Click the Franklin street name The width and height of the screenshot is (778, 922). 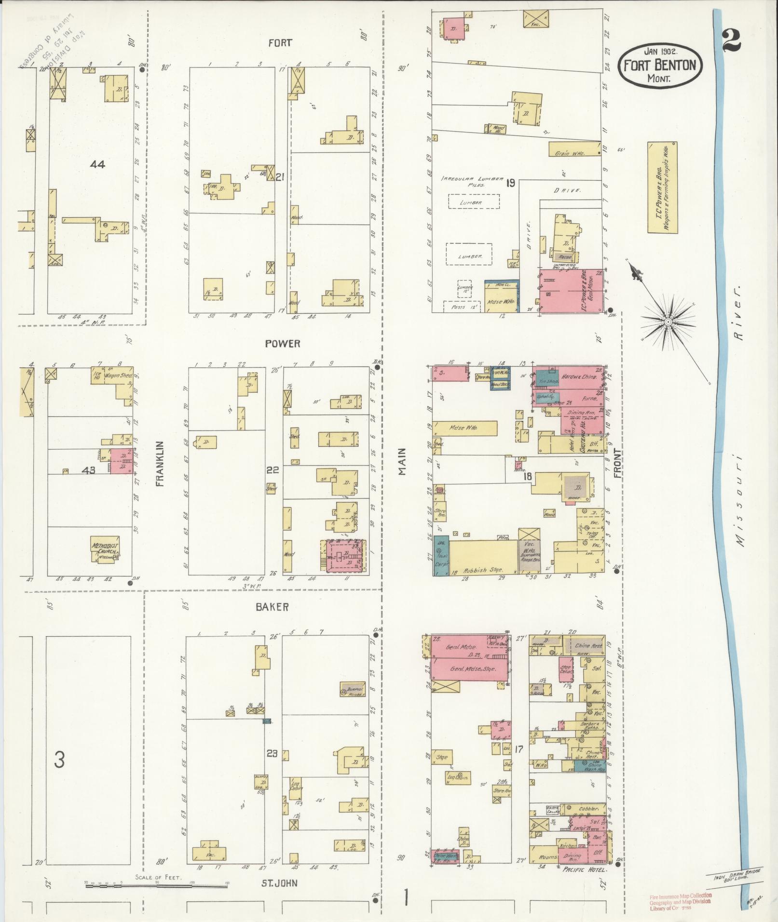(x=160, y=464)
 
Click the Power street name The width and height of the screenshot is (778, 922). (x=283, y=343)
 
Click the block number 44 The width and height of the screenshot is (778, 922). (x=97, y=164)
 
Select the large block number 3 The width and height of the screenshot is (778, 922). (x=59, y=760)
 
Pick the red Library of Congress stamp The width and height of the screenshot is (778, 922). (x=680, y=901)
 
